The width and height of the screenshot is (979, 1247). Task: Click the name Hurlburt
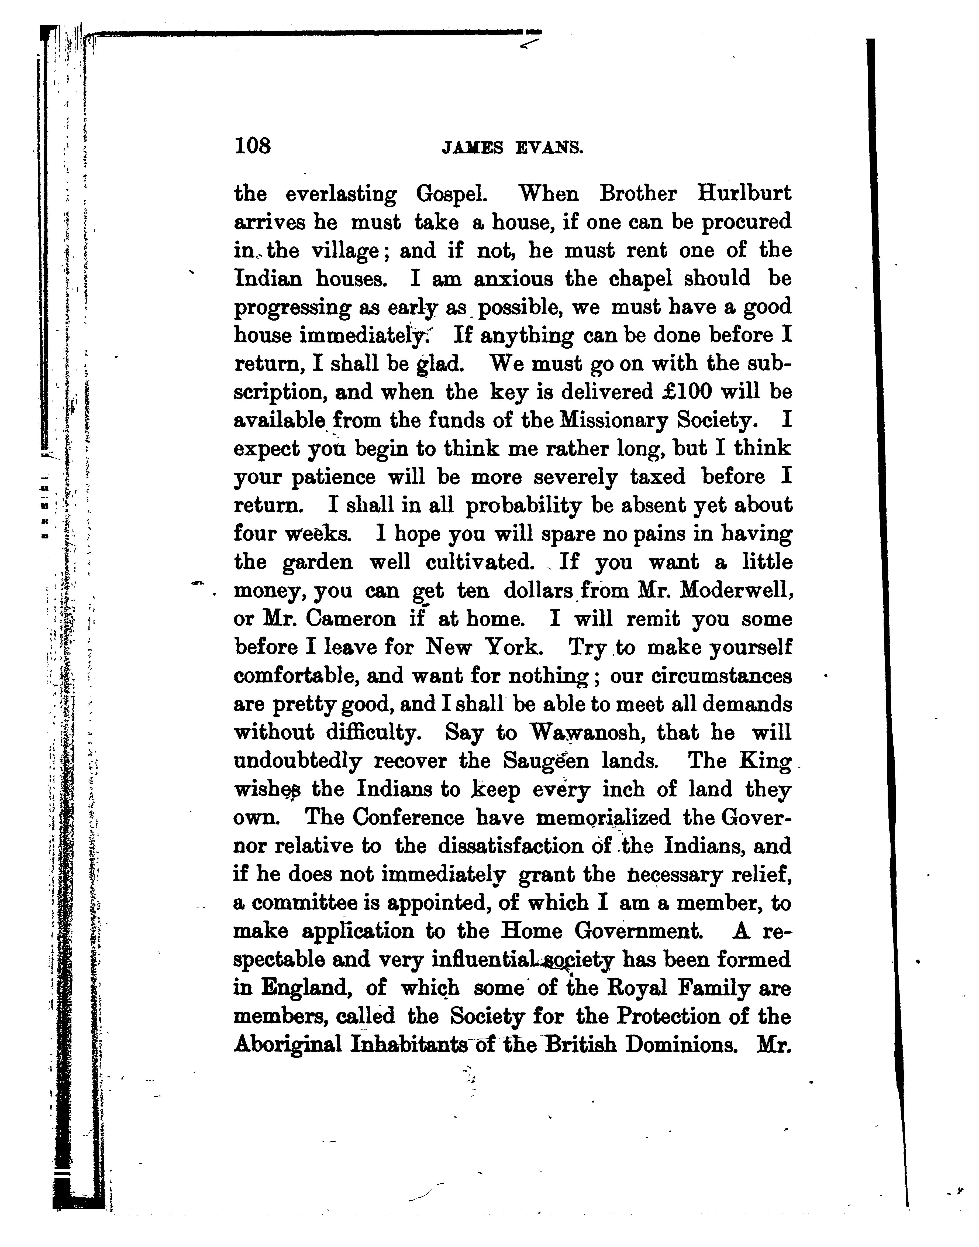click(x=744, y=194)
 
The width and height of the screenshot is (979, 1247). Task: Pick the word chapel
click(x=644, y=279)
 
